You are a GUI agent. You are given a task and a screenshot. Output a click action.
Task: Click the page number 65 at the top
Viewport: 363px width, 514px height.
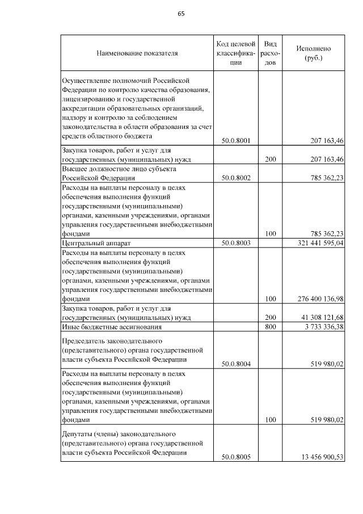point(181,14)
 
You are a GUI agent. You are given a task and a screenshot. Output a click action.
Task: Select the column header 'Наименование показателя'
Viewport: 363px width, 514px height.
point(137,53)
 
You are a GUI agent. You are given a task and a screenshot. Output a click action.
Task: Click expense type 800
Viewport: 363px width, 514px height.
point(271,327)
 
